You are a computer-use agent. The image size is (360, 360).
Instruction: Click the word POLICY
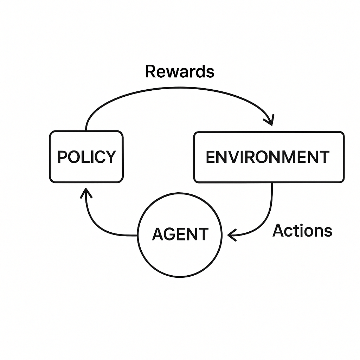86,157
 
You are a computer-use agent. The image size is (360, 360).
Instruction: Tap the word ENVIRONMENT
268,157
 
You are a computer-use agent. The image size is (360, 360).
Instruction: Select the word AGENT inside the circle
180,234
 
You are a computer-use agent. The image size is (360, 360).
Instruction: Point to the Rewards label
179,71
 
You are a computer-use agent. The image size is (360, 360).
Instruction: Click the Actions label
302,231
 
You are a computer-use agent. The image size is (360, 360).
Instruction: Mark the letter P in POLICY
62,157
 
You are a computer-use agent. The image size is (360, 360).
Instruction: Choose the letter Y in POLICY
110,157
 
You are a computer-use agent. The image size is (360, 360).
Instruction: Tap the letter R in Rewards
150,71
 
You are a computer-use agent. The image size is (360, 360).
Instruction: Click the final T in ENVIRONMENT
324,157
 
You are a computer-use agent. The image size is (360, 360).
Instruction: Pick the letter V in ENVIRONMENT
235,157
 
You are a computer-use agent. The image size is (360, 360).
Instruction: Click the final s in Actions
328,232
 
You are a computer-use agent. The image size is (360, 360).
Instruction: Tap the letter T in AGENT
203,234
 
